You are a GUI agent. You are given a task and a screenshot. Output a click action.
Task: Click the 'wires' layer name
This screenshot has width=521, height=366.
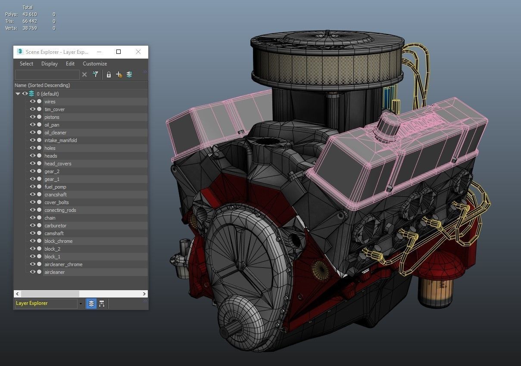point(50,102)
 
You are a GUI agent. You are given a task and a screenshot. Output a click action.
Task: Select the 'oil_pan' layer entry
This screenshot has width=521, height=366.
point(52,125)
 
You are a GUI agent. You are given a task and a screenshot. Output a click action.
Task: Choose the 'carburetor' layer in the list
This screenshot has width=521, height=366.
point(55,226)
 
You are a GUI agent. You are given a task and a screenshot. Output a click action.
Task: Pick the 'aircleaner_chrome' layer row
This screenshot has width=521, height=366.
point(63,264)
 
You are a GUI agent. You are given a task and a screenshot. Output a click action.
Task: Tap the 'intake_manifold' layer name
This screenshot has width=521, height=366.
point(60,140)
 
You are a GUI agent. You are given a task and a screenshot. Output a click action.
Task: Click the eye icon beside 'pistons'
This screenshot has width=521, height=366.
point(32,117)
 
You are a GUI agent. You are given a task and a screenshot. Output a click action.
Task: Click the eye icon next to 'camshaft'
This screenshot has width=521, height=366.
point(32,233)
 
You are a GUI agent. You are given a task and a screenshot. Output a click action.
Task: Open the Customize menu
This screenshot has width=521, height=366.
point(95,64)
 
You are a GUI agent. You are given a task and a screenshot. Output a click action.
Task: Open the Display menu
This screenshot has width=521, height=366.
point(50,64)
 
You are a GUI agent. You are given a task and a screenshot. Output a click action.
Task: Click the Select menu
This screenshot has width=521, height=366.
point(26,64)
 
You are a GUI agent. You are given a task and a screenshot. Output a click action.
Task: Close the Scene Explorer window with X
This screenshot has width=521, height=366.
point(138,52)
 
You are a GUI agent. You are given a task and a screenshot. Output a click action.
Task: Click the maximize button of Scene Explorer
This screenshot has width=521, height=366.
point(119,52)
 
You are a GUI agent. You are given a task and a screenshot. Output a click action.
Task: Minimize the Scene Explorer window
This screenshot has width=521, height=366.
point(99,52)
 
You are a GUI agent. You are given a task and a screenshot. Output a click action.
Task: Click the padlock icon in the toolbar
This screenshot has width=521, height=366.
point(109,75)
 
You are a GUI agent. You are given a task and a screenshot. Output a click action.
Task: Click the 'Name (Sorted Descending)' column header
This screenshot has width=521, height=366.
point(42,85)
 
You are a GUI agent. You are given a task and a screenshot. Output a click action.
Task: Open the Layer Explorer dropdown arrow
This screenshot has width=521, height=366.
point(81,304)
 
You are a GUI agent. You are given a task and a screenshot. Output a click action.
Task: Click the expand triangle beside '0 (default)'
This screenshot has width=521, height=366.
point(18,94)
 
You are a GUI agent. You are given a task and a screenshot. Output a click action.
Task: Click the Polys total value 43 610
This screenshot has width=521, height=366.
point(30,14)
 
